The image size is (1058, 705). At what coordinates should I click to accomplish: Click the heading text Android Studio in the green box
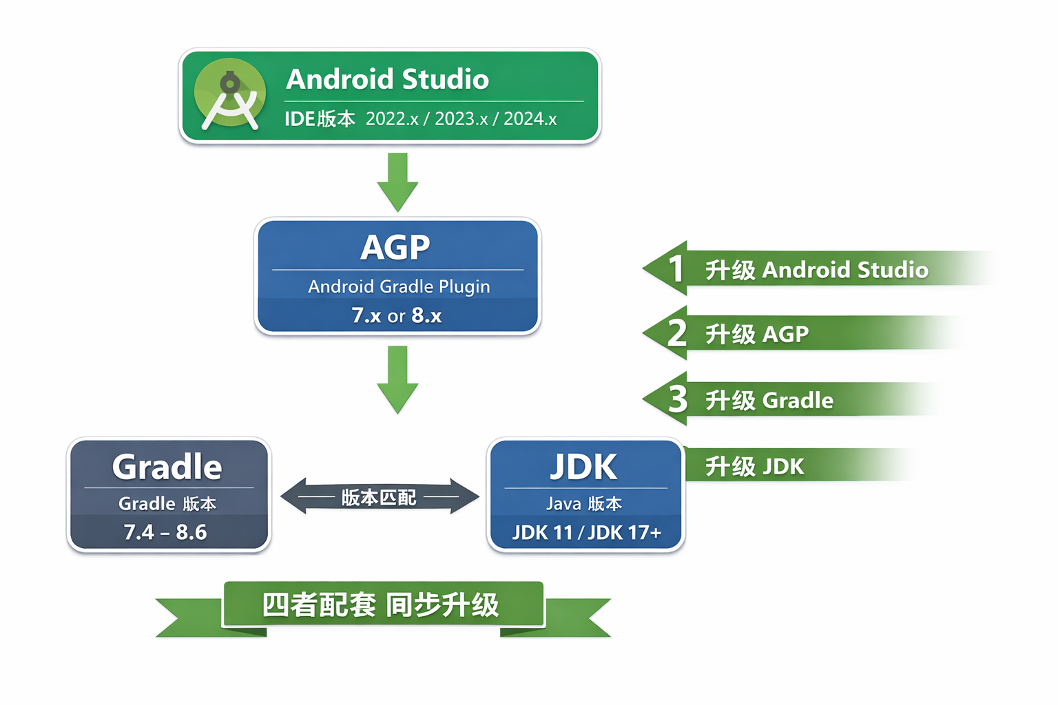point(387,79)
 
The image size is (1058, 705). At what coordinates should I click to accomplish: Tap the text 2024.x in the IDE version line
point(530,119)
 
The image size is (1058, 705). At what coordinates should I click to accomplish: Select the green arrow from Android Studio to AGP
point(397,182)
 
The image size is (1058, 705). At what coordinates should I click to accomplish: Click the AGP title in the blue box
point(395,247)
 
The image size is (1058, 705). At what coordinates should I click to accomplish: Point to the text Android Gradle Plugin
point(399,286)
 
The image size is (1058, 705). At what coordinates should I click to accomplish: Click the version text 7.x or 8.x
point(397,315)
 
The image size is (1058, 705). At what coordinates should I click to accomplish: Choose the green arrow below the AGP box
point(397,379)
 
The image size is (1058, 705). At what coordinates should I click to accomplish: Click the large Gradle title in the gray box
point(167,467)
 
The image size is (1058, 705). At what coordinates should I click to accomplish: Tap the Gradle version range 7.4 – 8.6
point(165,532)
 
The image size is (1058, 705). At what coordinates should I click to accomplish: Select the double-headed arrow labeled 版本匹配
point(380,496)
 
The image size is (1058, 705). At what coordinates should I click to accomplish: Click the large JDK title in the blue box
point(584,467)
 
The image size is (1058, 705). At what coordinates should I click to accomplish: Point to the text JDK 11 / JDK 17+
point(586,532)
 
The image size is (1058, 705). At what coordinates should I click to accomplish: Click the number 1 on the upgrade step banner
point(676,269)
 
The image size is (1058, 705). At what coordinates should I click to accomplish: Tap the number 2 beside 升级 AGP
point(677,333)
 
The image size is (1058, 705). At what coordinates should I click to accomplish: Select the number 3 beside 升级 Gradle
point(678,399)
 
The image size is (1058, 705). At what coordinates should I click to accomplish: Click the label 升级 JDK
point(754,467)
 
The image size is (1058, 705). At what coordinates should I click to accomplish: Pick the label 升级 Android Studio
point(816,270)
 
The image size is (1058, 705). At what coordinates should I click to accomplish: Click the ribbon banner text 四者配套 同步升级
point(381,605)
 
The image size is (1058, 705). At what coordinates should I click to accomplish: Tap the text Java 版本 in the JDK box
point(584,504)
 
